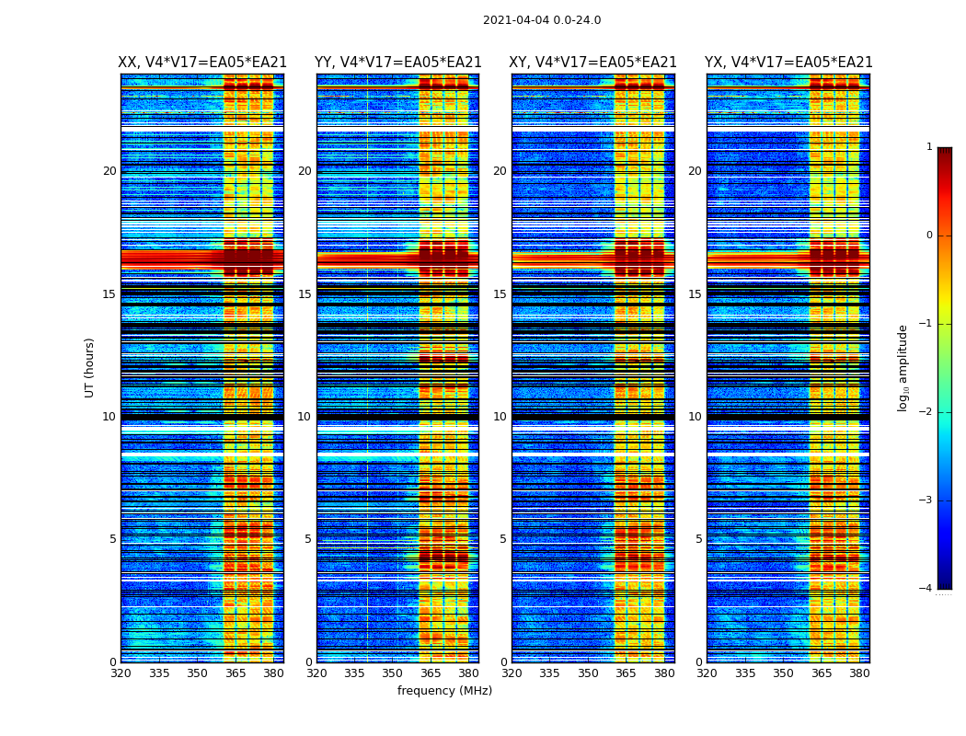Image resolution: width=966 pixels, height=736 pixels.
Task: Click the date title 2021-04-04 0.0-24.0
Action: click(542, 20)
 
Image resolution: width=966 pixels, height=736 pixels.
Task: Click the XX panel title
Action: click(202, 63)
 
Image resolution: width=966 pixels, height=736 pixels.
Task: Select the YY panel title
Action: click(397, 63)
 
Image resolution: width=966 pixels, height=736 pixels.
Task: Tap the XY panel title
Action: click(592, 63)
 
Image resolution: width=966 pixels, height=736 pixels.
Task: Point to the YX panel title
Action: click(788, 63)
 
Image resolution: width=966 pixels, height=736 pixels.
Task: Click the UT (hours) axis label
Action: click(90, 367)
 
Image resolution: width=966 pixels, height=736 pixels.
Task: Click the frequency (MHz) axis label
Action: click(444, 691)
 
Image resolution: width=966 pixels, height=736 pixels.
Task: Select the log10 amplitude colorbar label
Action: click(903, 367)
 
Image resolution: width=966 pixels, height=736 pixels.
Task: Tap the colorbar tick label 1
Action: click(929, 147)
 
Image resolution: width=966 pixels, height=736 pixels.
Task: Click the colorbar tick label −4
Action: click(926, 589)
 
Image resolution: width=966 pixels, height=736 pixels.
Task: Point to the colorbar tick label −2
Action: click(926, 412)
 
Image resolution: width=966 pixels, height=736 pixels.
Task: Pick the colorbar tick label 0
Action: click(929, 236)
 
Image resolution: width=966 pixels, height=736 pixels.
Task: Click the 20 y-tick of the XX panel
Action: click(109, 171)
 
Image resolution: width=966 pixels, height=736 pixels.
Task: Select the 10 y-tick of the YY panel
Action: click(305, 417)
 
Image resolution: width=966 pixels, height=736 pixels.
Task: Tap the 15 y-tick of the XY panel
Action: click(500, 294)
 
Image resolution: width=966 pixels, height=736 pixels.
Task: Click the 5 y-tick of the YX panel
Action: click(698, 539)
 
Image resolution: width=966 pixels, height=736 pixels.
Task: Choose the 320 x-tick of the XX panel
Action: click(121, 673)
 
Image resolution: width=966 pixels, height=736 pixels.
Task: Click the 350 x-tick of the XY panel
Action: click(588, 673)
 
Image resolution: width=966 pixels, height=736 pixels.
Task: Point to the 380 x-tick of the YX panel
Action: click(859, 673)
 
